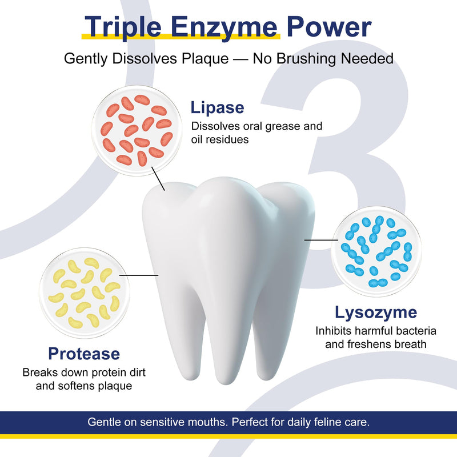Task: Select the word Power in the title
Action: [x=329, y=27]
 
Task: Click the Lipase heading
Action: [x=217, y=108]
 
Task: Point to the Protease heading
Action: [x=84, y=354]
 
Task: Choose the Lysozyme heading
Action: [x=376, y=313]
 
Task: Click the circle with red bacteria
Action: [x=137, y=130]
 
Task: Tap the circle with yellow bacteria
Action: [x=85, y=292]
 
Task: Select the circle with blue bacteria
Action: [x=376, y=251]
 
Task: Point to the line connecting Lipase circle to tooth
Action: [x=158, y=179]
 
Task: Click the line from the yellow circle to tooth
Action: [x=139, y=275]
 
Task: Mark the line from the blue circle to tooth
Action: [x=321, y=240]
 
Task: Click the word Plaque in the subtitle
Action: [x=205, y=59]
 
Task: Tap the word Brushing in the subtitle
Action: [x=307, y=59]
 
